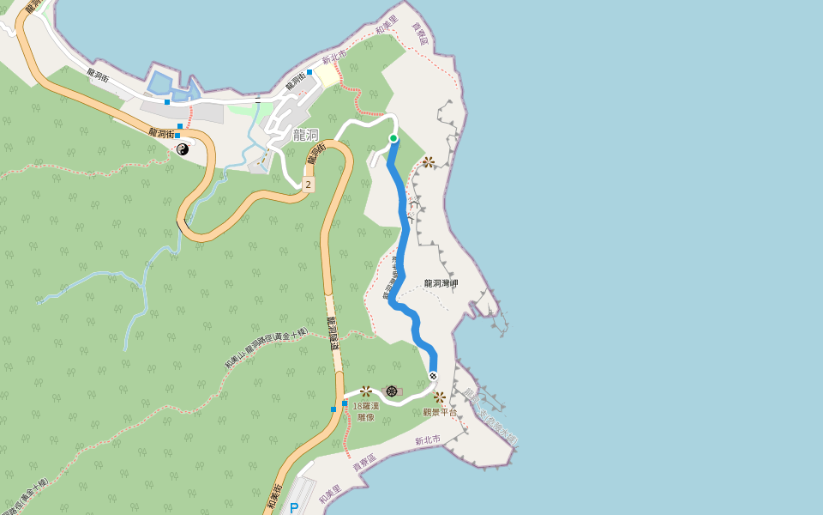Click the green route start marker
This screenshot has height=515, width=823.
click(393, 138)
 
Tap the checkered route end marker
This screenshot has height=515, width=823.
click(433, 375)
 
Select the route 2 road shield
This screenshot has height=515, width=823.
click(308, 185)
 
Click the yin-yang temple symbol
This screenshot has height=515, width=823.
click(183, 149)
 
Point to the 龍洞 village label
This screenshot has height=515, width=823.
click(305, 135)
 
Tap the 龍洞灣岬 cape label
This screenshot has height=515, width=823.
click(442, 283)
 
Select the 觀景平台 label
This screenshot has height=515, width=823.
click(441, 412)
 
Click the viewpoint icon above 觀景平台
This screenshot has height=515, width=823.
click(440, 397)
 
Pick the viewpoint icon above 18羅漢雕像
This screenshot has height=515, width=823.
click(367, 391)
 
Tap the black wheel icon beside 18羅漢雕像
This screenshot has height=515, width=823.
click(392, 391)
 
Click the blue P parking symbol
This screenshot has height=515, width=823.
click(294, 508)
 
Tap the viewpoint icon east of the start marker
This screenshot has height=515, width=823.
click(428, 162)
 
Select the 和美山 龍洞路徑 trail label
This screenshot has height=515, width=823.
click(266, 348)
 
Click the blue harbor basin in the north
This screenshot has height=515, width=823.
click(163, 83)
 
